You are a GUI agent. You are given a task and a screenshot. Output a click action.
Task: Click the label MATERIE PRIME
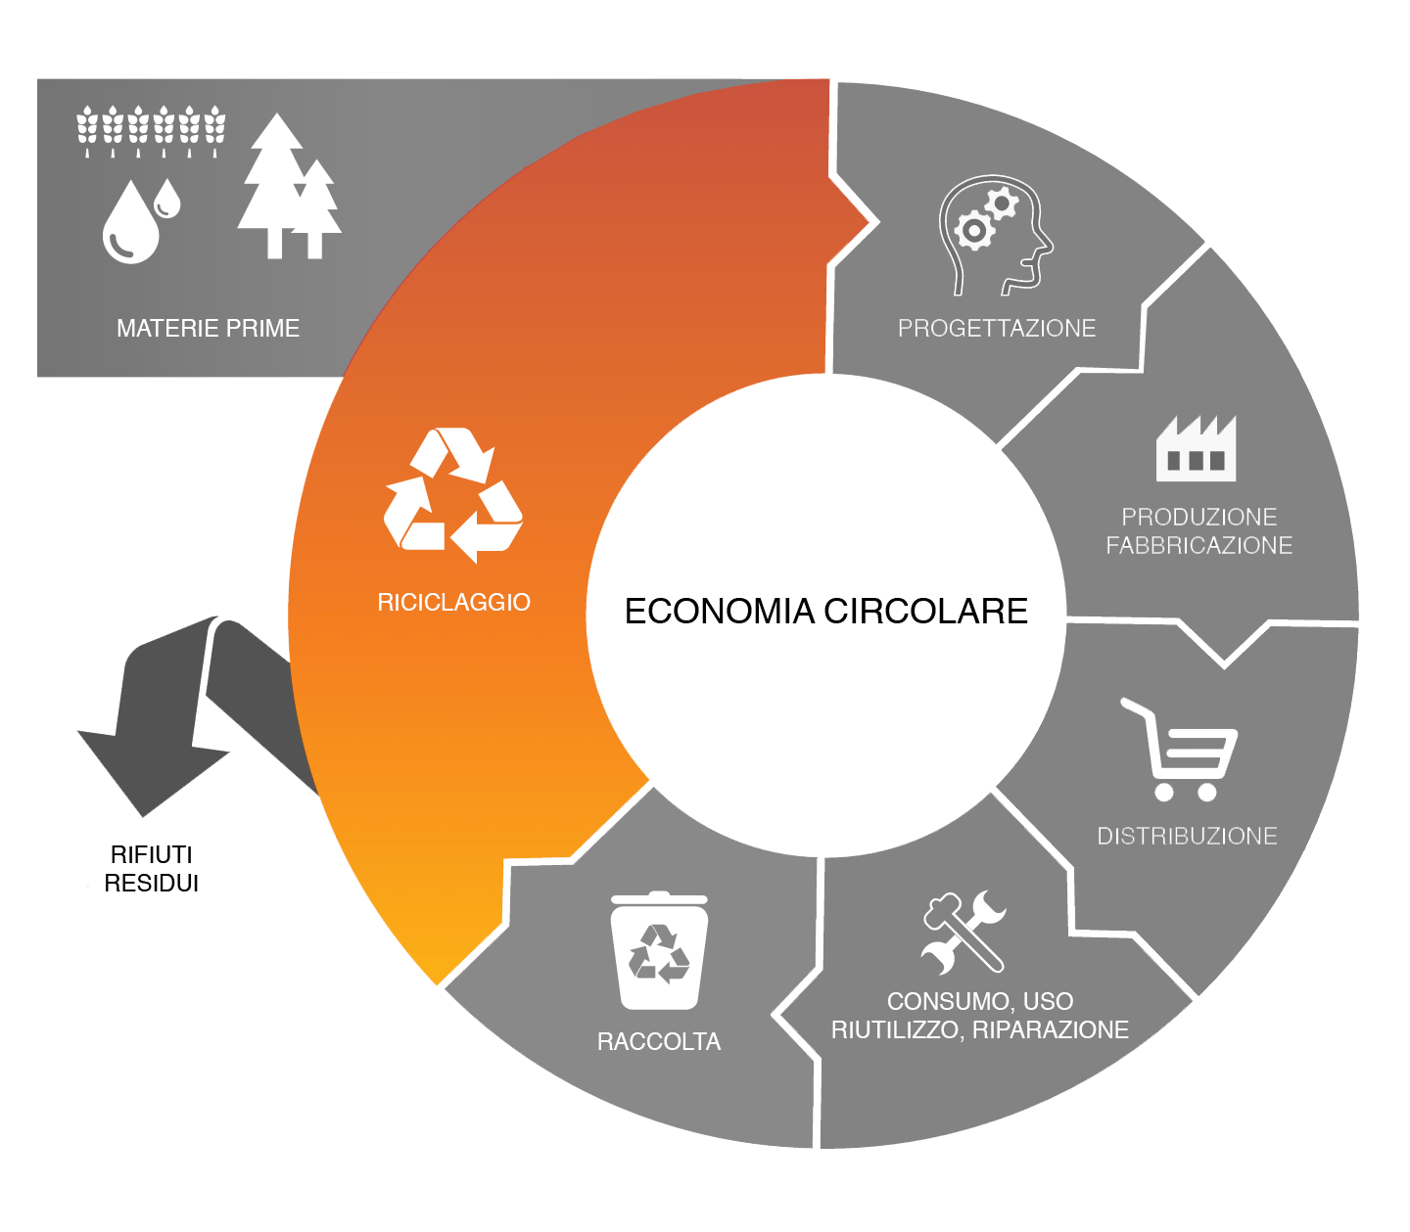tap(209, 328)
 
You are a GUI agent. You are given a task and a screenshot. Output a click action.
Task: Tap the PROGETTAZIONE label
tap(997, 328)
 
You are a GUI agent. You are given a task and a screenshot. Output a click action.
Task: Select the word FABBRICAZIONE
tap(1199, 545)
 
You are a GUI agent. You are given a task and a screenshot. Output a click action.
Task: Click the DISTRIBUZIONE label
tap(1187, 836)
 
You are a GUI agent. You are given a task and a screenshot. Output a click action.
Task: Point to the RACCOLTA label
tap(659, 1041)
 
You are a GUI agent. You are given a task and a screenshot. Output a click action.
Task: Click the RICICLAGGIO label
tap(453, 602)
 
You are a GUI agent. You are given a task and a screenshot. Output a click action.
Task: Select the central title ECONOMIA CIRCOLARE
tap(825, 611)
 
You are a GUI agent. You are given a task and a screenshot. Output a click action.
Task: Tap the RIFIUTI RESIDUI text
tap(151, 868)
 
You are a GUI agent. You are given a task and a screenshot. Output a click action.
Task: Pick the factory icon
tap(1196, 448)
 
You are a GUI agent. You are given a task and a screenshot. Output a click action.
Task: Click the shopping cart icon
tap(1180, 750)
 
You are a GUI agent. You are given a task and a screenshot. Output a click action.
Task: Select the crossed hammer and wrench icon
tap(963, 932)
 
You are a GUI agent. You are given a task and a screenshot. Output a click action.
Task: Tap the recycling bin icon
tap(659, 950)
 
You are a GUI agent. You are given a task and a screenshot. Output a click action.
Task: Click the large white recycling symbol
tap(452, 494)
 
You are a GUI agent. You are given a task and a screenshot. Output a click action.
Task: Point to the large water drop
tap(130, 223)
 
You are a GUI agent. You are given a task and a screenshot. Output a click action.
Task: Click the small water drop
tap(166, 199)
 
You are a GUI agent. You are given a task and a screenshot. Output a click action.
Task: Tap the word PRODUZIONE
tap(1199, 517)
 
